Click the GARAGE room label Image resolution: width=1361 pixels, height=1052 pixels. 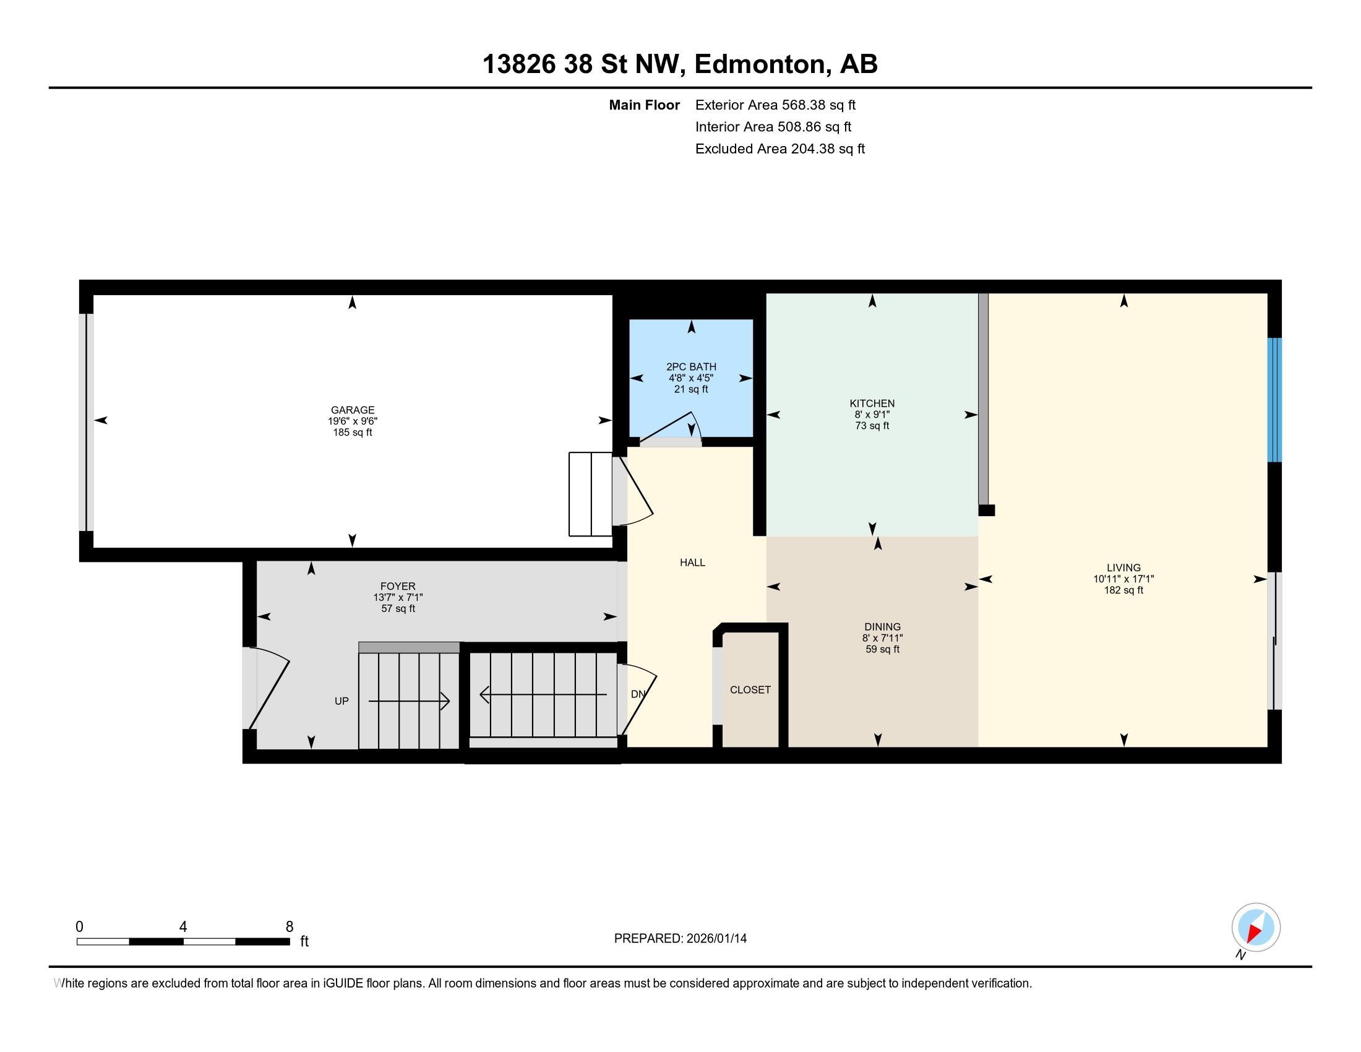tap(352, 410)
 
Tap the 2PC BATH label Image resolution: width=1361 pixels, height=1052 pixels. tap(691, 367)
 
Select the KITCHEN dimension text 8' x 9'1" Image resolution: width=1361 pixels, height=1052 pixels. tap(872, 415)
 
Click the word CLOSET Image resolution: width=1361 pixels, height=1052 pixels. tap(750, 690)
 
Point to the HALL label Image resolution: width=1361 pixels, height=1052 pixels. tap(692, 563)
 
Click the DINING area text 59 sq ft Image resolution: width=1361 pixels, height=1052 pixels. tap(882, 649)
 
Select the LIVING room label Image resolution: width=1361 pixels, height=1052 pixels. tap(1123, 567)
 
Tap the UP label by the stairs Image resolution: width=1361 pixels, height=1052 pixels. tap(341, 701)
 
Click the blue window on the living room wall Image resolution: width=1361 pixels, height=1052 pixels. tap(1275, 400)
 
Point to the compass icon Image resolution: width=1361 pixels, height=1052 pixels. tap(1256, 928)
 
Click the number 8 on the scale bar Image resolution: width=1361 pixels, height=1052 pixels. tap(289, 927)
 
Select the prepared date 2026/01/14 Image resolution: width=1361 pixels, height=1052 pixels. tap(716, 939)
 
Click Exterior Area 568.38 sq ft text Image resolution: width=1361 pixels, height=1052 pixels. tap(775, 105)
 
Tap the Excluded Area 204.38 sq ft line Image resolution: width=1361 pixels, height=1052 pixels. tap(779, 149)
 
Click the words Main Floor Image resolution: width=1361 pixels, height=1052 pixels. tap(644, 105)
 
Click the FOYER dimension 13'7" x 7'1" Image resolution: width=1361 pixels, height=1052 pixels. tap(398, 598)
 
